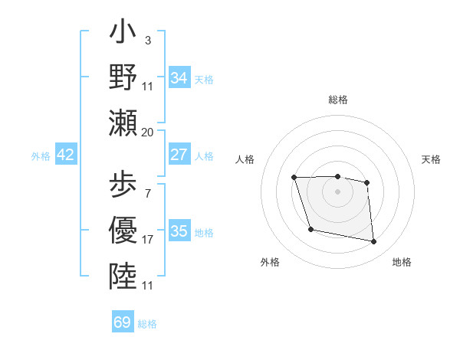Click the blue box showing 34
179,78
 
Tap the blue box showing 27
179,155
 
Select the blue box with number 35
179,231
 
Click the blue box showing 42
66,155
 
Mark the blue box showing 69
123,322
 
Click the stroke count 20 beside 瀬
148,132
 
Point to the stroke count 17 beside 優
148,239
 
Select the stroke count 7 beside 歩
147,194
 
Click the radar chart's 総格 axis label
338,100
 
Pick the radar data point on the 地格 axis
374,242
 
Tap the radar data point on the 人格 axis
294,178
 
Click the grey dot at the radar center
337,191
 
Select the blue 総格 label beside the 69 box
147,324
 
